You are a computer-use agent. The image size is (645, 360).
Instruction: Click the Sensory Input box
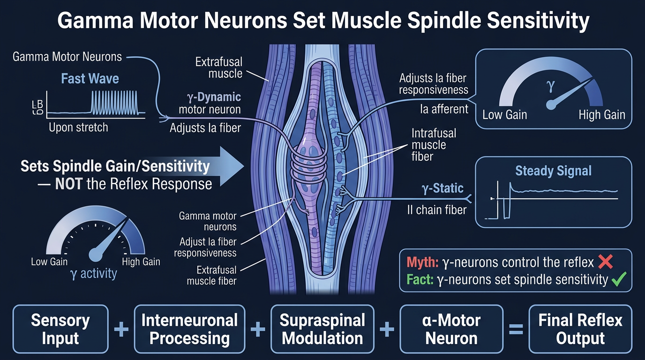click(60, 329)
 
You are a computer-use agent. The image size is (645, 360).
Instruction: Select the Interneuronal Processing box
click(189, 329)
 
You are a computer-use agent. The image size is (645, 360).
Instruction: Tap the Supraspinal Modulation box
click(322, 329)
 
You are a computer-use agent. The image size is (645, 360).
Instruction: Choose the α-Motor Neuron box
click(451, 329)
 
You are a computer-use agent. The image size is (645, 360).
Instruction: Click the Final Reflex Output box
click(580, 329)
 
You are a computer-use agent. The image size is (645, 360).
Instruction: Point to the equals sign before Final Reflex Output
click(516, 329)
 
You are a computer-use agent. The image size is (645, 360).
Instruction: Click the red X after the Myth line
click(606, 262)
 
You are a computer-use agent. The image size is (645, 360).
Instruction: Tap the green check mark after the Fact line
click(619, 279)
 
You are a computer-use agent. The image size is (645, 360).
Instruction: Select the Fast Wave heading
click(90, 78)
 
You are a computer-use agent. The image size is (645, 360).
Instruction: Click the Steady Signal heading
click(553, 171)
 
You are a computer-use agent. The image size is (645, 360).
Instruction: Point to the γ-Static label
click(442, 188)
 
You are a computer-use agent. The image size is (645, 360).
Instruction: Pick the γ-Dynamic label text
click(214, 97)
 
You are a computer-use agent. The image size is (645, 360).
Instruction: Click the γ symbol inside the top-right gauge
click(550, 86)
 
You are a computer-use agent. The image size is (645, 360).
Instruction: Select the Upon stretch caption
click(78, 127)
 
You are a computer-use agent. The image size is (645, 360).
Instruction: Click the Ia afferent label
click(444, 109)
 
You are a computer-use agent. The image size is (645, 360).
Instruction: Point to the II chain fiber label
click(437, 210)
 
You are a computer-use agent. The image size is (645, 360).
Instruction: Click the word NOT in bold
click(69, 184)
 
